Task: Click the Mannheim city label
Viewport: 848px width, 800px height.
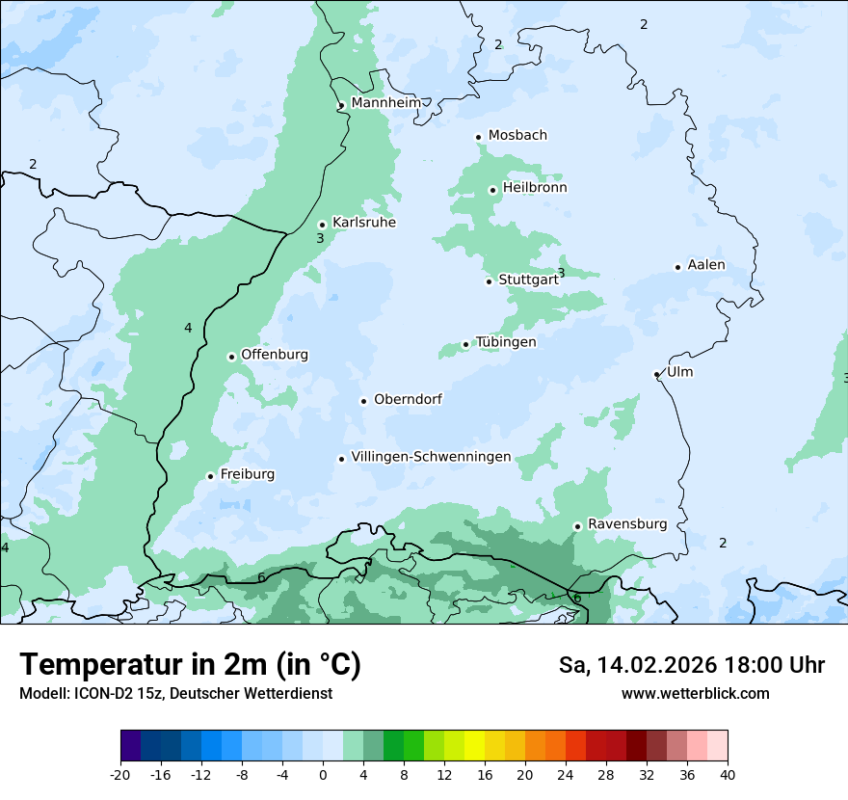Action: [385, 103]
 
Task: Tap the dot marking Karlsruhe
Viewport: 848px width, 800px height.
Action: [323, 225]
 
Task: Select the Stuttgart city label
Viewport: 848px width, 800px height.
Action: [528, 280]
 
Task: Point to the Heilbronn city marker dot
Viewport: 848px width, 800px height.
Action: [492, 190]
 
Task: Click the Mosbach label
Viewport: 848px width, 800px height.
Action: [517, 136]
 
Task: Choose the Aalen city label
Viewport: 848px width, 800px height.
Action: [706, 265]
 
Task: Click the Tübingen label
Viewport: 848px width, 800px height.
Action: [506, 342]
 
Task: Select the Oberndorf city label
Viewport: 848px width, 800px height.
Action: [408, 399]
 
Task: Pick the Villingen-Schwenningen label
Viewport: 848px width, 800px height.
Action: [431, 457]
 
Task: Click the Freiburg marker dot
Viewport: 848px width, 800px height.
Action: [210, 476]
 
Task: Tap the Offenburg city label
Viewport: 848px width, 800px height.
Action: [275, 355]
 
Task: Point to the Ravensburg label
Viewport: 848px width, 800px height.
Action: [627, 524]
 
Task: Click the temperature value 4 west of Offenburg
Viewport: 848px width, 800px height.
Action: [188, 329]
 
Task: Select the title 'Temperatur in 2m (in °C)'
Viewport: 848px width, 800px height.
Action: [190, 664]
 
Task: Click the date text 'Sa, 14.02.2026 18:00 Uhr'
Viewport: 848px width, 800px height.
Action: [691, 665]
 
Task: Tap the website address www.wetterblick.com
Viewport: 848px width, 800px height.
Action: [695, 693]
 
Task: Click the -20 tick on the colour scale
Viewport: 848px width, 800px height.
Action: [120, 774]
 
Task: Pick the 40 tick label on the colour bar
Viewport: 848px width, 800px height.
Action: [727, 774]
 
